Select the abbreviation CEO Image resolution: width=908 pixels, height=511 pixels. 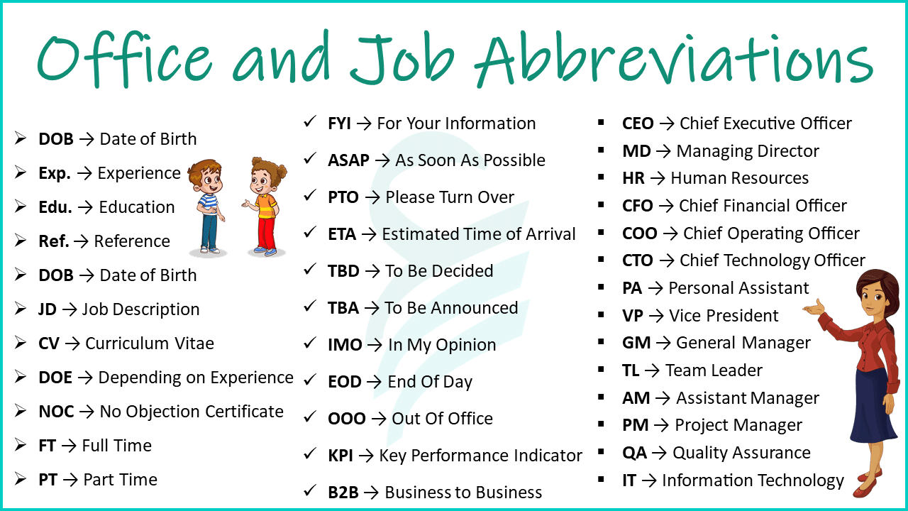[x=638, y=123]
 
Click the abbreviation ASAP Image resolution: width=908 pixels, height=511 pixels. [x=348, y=160]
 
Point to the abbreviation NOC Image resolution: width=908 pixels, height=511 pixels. [x=56, y=412]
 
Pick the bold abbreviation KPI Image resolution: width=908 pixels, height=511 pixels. [x=340, y=456]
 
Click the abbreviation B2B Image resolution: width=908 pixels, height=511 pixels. [x=343, y=493]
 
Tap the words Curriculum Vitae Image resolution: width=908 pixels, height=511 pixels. [x=149, y=344]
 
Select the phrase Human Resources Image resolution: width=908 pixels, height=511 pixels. [x=739, y=178]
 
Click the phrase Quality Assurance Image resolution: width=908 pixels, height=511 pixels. [x=741, y=453]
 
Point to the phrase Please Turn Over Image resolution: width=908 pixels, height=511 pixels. [x=450, y=197]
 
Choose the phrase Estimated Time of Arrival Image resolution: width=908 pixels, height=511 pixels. [x=479, y=234]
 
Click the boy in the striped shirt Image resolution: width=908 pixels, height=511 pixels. [x=207, y=206]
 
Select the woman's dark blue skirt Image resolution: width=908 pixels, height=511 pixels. [x=873, y=412]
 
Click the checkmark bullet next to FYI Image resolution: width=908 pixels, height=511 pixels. [x=309, y=122]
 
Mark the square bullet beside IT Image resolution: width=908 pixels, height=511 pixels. [x=602, y=480]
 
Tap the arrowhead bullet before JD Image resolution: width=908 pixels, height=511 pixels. [x=21, y=309]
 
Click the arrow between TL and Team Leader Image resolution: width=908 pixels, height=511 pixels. [x=652, y=370]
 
